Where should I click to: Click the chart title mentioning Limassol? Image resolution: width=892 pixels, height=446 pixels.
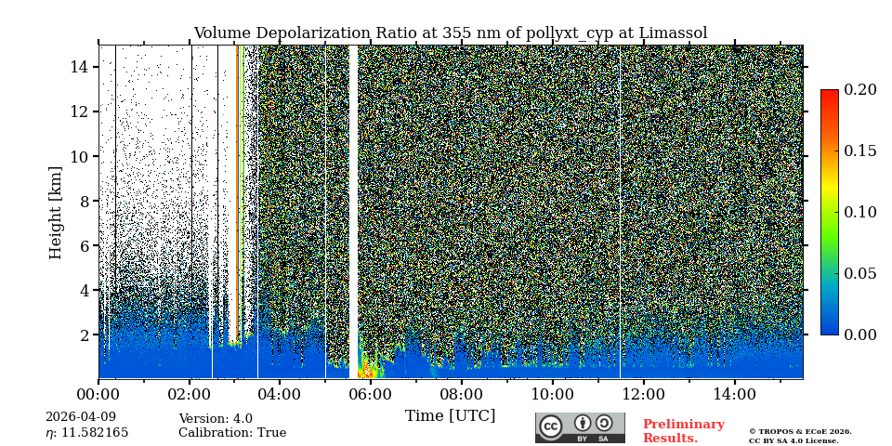click(x=450, y=33)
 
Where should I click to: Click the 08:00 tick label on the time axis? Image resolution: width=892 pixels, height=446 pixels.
click(x=462, y=394)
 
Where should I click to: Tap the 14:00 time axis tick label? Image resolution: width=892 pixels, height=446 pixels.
click(x=734, y=394)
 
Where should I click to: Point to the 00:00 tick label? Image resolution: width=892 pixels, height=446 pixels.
click(x=98, y=394)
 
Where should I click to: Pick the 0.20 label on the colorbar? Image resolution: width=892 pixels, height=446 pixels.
click(x=859, y=90)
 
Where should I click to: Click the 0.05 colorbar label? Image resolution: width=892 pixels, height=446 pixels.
click(x=859, y=273)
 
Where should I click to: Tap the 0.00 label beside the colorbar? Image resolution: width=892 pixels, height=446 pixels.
click(x=859, y=334)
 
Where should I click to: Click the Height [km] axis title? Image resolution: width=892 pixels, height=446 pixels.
click(x=56, y=212)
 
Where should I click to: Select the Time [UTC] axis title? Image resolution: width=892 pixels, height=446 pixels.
click(x=450, y=416)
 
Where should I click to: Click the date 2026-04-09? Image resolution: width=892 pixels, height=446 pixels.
click(x=81, y=418)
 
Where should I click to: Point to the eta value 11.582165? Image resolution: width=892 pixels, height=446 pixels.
click(x=86, y=433)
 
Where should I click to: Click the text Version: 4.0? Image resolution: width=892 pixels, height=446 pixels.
click(x=216, y=419)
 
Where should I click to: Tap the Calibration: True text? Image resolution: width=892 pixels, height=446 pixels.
click(x=232, y=433)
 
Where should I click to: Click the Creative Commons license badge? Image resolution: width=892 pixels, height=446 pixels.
click(x=580, y=427)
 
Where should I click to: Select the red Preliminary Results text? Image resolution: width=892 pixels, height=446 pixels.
click(x=683, y=431)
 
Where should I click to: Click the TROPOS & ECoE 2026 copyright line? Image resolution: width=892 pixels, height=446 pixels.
click(x=800, y=432)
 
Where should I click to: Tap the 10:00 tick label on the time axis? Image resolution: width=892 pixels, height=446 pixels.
click(x=553, y=394)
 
